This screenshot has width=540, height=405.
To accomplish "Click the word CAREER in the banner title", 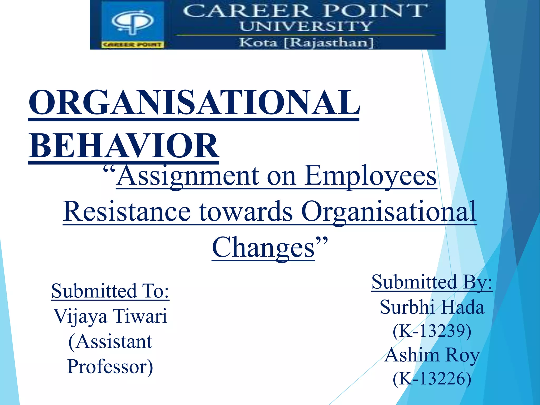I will coord(246,11).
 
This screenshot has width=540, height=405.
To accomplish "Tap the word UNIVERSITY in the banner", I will coord(306,26).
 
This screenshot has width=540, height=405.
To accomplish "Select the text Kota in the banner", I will coord(258,42).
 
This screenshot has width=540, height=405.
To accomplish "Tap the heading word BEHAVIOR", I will coord(124,146).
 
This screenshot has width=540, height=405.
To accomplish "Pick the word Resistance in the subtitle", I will coord(127,212).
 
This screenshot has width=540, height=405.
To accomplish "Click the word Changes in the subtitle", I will coord(263,247).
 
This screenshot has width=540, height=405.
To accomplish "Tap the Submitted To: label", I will coord(110,291).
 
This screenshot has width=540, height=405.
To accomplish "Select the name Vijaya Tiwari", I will coord(110,316).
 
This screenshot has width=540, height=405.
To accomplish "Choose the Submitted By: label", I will coord(432,282).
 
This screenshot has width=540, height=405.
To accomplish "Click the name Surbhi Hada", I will coord(432,307).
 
